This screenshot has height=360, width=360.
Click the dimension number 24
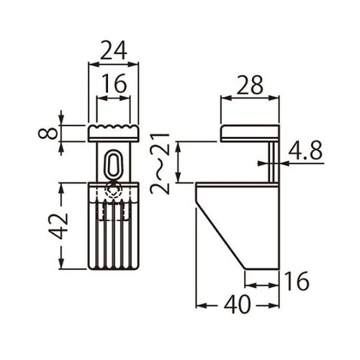pyautogui.click(x=113, y=50)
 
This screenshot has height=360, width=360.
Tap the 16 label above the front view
pyautogui.click(x=114, y=84)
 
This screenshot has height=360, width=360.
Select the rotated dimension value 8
pyautogui.click(x=48, y=133)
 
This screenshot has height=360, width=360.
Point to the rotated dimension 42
pyautogui.click(x=58, y=226)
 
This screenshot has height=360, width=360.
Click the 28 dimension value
pyautogui.click(x=250, y=85)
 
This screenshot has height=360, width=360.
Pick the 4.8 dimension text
pyautogui.click(x=305, y=151)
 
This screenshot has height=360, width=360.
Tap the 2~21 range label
pyautogui.click(x=160, y=163)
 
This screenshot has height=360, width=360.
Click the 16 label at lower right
pyautogui.click(x=296, y=282)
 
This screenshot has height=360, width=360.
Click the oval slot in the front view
pyautogui.click(x=113, y=164)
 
